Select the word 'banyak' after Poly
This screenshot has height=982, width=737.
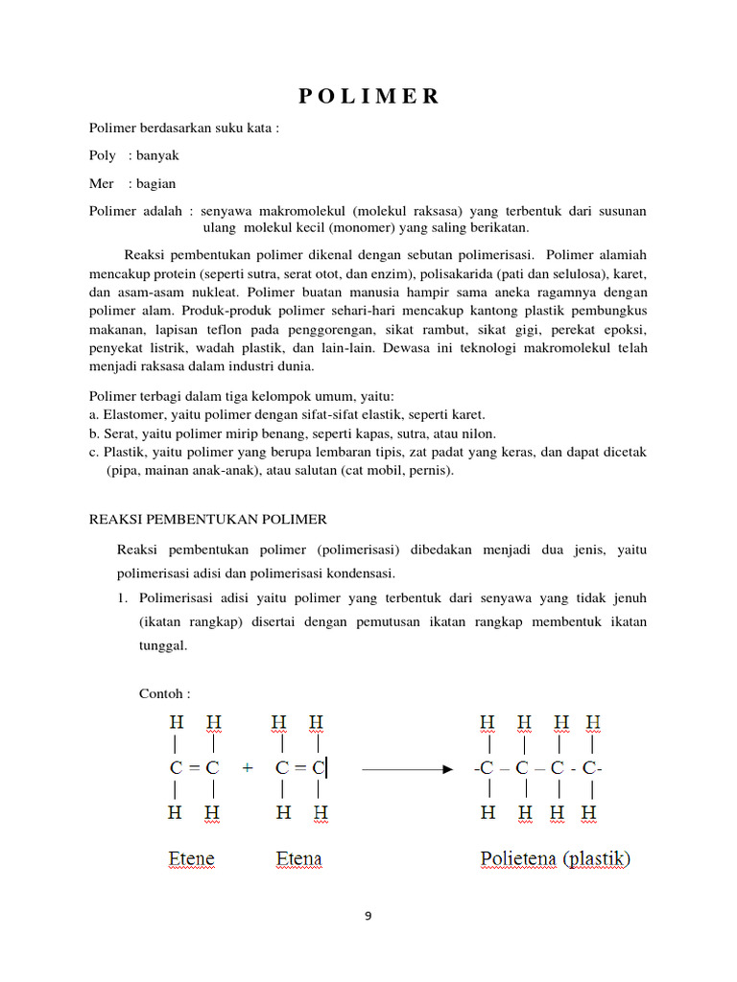coord(157,154)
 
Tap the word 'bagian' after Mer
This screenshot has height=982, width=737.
coord(155,182)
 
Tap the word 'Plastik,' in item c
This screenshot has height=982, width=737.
coord(126,452)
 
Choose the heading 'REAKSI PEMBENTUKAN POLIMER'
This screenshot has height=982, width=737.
coord(208,519)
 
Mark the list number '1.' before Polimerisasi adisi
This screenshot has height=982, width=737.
coord(122,598)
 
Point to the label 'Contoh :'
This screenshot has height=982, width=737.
coord(165,693)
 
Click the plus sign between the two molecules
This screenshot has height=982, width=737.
coord(249,768)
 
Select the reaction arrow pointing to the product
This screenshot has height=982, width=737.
coord(407,768)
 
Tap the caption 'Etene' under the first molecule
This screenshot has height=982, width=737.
coord(192,857)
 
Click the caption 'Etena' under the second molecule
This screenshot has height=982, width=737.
coord(299,857)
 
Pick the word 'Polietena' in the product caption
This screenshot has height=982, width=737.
coord(518,857)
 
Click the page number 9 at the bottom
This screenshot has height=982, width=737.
coord(368,916)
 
